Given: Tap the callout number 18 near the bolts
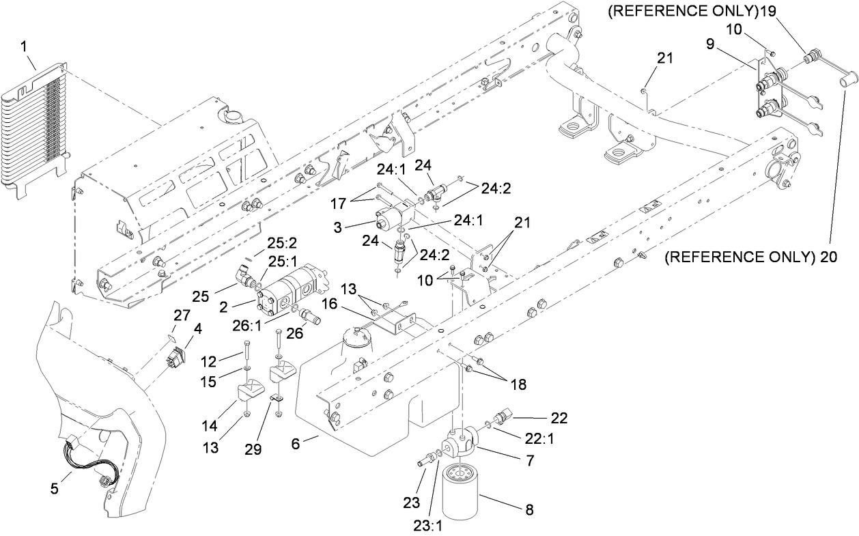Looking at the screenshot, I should [x=518, y=384].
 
